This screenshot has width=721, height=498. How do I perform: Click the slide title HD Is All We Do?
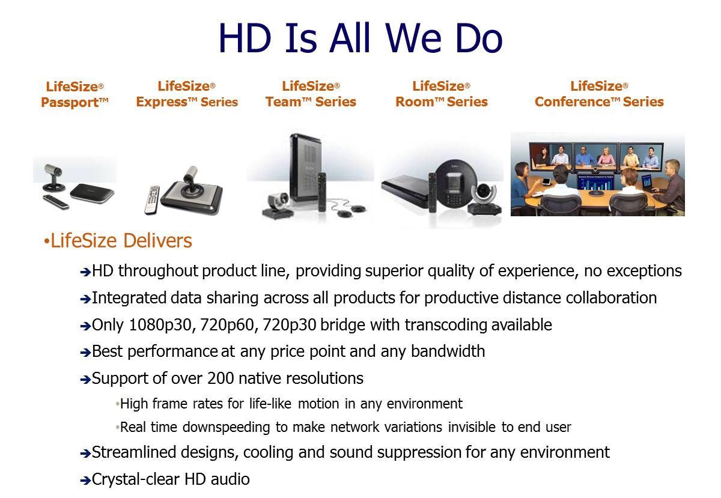click(x=360, y=38)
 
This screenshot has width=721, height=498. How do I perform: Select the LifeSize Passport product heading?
click(x=75, y=94)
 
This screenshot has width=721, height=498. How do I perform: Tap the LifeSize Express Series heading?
click(x=187, y=94)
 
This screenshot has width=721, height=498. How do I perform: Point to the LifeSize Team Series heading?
click(x=311, y=94)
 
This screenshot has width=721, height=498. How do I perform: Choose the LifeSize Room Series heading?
click(x=441, y=94)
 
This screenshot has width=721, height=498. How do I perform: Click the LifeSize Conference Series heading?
click(x=599, y=94)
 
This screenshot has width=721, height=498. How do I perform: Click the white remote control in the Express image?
click(x=152, y=199)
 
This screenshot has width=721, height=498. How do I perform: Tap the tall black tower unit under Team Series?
click(x=306, y=168)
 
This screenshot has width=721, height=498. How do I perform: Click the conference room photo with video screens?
click(x=597, y=174)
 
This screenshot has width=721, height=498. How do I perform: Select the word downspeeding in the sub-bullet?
click(x=226, y=428)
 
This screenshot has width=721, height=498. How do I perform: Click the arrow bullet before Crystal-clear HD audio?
click(x=85, y=481)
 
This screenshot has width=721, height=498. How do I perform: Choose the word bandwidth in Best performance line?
click(x=448, y=351)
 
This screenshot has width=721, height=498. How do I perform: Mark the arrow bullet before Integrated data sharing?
click(x=85, y=299)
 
